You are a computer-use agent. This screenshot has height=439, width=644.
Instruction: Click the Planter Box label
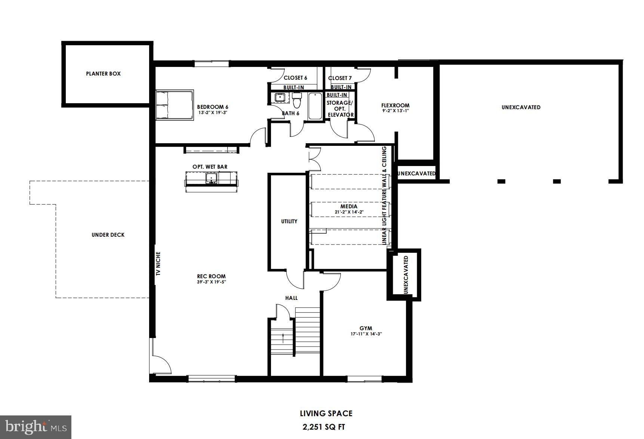pyautogui.click(x=103, y=74)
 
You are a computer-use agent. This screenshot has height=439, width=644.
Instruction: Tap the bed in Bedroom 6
pyautogui.click(x=175, y=105)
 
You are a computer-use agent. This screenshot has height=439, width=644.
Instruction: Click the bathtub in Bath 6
pyautogui.click(x=315, y=106)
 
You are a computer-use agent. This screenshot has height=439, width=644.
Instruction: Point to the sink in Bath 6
pyautogui.click(x=279, y=98)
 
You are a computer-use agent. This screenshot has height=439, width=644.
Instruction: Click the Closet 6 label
pyautogui.click(x=295, y=78)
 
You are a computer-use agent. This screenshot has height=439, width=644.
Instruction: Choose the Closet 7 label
pyautogui.click(x=340, y=78)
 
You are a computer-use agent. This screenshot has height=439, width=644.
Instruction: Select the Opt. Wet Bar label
pyautogui.click(x=210, y=167)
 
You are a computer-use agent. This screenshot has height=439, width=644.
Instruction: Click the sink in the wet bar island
pyautogui.click(x=212, y=178)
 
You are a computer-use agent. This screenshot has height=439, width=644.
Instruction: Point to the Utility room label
pyautogui.click(x=289, y=221)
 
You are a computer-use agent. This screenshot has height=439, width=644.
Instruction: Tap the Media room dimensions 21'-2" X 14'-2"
pyautogui.click(x=349, y=212)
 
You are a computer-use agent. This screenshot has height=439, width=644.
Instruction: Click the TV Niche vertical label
pyautogui.click(x=158, y=264)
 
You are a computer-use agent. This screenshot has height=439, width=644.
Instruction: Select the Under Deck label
pyautogui.click(x=108, y=235)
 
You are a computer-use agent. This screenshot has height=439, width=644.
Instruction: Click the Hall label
pyautogui.click(x=292, y=298)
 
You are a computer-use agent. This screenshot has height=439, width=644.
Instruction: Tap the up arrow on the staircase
pyautogui.click(x=283, y=338)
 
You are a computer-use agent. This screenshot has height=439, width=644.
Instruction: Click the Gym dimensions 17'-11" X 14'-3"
pyautogui.click(x=366, y=334)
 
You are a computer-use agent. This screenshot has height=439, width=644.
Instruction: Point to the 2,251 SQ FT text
pyautogui.click(x=326, y=426)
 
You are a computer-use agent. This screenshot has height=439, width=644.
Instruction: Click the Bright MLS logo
pyautogui.click(x=36, y=427)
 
